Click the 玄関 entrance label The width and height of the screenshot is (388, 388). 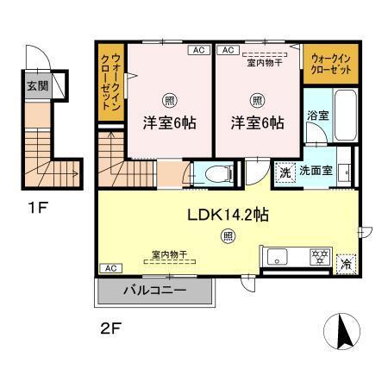pyautogui.click(x=37, y=85)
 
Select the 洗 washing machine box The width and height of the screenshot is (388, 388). pyautogui.click(x=284, y=171)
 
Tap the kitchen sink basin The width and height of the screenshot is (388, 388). pyautogui.click(x=278, y=256)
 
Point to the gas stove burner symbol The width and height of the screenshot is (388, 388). pyautogui.click(x=319, y=255)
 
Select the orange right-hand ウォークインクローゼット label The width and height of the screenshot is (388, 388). pyautogui.click(x=327, y=63)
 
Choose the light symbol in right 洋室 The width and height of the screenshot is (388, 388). pyautogui.click(x=257, y=97)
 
